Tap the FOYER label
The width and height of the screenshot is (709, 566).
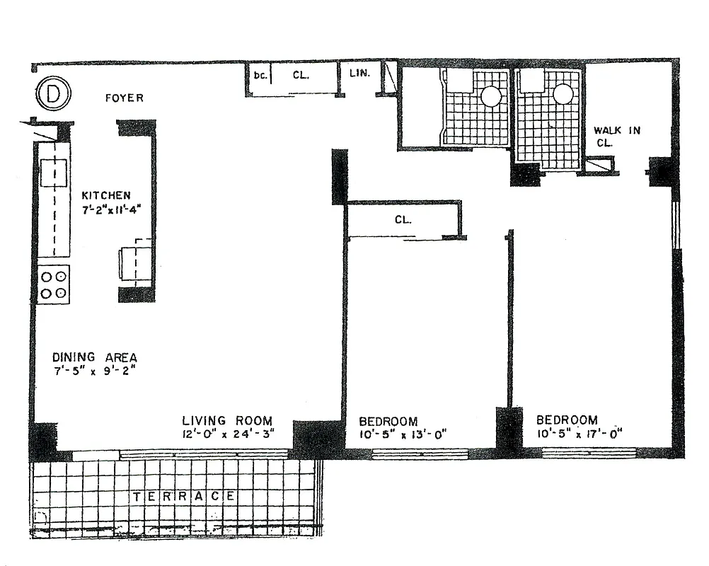(x=124, y=98)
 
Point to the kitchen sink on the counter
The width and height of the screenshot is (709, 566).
(x=54, y=172)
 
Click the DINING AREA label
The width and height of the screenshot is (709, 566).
(x=94, y=357)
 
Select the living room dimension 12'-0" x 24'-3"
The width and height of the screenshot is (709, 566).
(x=226, y=434)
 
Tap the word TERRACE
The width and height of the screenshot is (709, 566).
(x=184, y=497)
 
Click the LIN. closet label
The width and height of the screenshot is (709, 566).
(x=359, y=72)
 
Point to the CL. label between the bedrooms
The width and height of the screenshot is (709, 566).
(x=403, y=219)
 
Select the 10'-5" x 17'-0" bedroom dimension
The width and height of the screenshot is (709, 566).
(x=578, y=433)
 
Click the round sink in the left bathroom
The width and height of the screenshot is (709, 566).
(x=491, y=96)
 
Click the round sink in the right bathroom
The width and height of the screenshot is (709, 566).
(x=563, y=93)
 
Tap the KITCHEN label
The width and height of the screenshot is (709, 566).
(x=106, y=195)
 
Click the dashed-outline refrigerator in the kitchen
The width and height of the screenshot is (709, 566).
(x=136, y=262)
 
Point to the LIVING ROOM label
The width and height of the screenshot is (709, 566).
(x=226, y=420)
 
